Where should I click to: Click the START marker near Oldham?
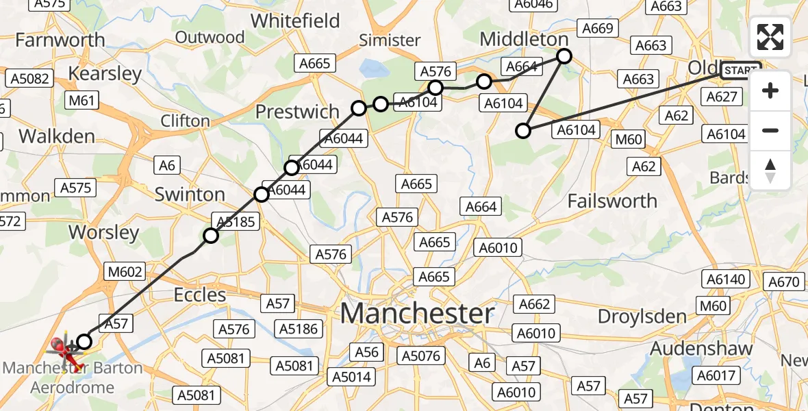741,70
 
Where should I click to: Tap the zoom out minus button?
770,130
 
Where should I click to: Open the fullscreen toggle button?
770,37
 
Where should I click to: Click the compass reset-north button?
770,171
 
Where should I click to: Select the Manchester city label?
416,314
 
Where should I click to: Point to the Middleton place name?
525,39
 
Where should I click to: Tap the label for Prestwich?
297,112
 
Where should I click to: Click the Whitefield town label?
295,21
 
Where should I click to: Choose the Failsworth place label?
612,201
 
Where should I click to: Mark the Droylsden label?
642,316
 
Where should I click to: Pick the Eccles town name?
200,295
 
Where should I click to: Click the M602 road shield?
125,272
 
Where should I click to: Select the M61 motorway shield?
81,101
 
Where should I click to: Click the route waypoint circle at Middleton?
564,56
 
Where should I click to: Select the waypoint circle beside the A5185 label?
211,236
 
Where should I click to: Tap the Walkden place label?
57,136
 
